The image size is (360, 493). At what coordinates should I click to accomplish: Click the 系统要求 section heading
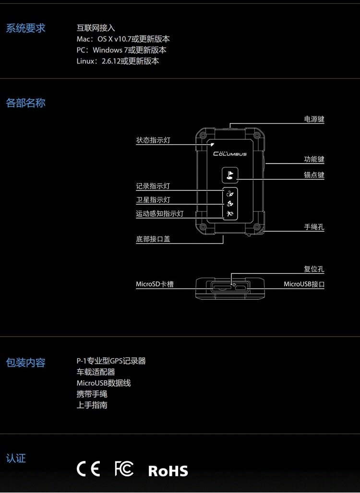[x=25, y=28]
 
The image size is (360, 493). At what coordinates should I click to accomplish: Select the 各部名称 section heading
[x=25, y=103]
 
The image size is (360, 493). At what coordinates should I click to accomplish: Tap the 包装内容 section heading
[x=25, y=363]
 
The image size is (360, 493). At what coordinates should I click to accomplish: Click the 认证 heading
[x=16, y=458]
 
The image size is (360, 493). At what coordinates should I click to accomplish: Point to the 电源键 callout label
[x=314, y=119]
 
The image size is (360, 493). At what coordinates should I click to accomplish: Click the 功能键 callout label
[x=314, y=159]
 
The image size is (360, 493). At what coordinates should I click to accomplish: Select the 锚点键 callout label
[x=314, y=175]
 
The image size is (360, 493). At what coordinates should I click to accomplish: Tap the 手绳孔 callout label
[x=314, y=227]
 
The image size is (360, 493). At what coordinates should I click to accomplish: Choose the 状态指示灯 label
[x=153, y=141]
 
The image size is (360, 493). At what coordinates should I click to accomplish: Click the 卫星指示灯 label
[x=153, y=200]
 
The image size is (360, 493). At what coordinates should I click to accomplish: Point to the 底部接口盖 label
[x=153, y=239]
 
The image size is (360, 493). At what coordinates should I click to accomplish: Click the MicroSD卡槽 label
[x=155, y=284]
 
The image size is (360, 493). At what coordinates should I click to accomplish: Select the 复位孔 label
[x=314, y=270]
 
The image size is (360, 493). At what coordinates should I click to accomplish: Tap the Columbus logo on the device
[x=230, y=154]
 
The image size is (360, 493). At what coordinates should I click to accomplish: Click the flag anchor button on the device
[x=229, y=176]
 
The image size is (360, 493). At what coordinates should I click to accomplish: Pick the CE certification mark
[x=88, y=469]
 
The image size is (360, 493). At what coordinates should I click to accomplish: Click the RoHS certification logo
[x=168, y=470]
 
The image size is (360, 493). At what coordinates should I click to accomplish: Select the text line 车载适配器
[x=96, y=372]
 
